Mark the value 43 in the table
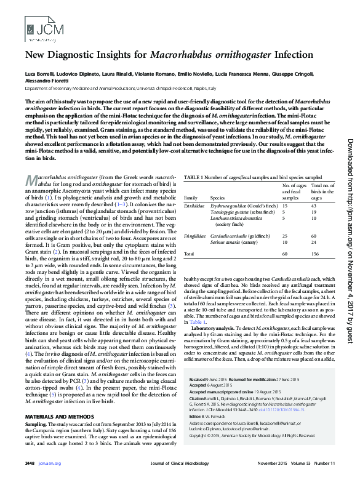[x=314, y=206]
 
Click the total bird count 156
[x=316, y=253]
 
